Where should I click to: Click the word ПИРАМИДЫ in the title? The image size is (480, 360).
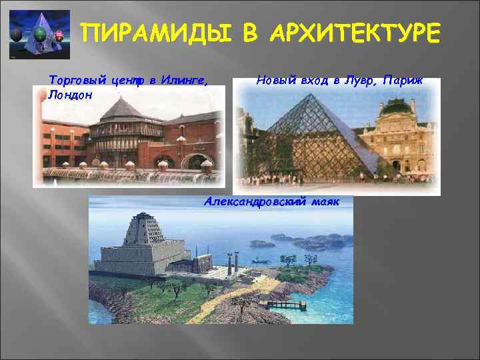point(158,33)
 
